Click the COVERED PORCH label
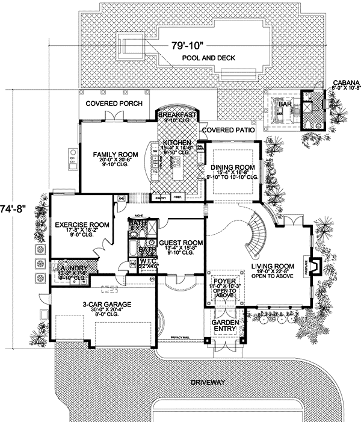point(114,104)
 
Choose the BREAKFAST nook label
point(177,114)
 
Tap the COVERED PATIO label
point(226,129)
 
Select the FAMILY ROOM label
point(115,155)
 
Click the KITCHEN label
point(177,143)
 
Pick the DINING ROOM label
point(233,167)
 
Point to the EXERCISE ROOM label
point(81,225)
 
